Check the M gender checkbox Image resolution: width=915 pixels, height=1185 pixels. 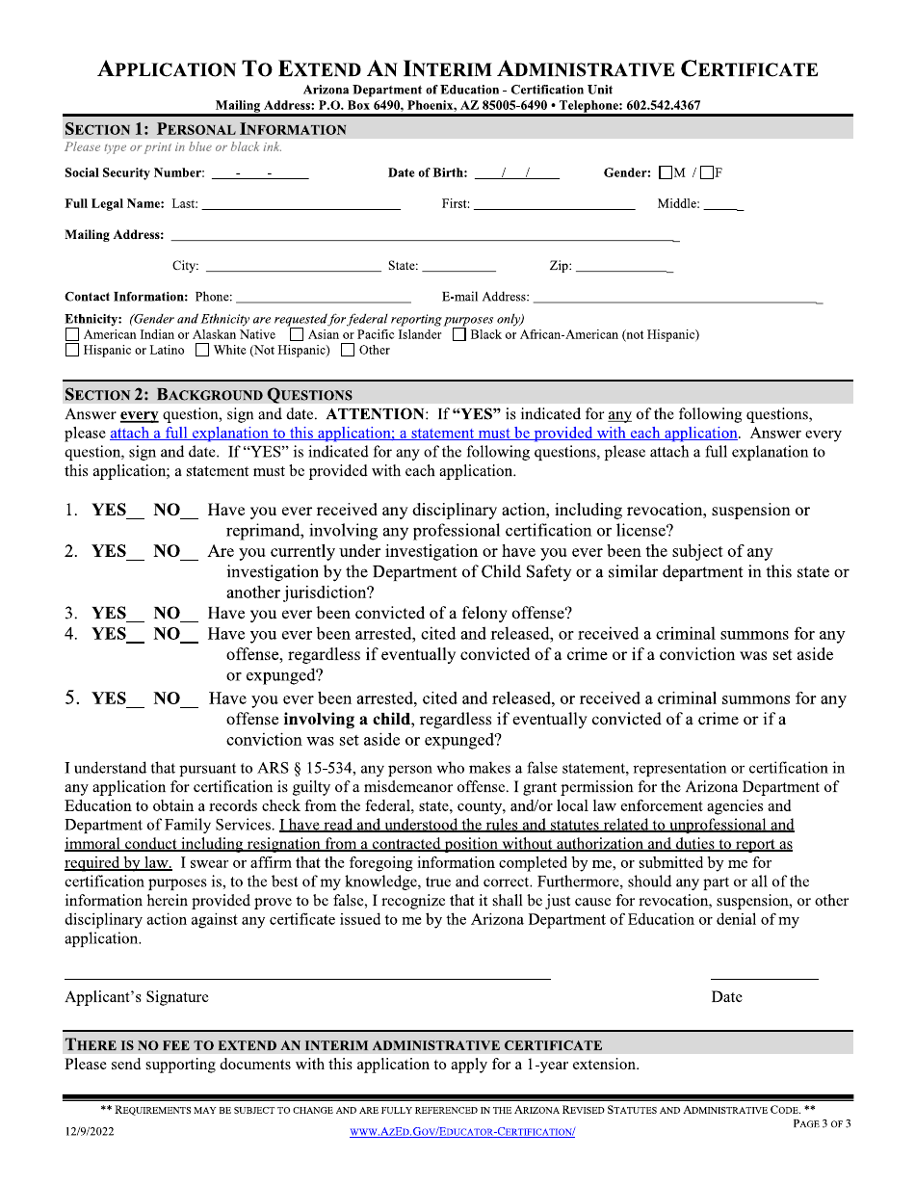[x=666, y=173]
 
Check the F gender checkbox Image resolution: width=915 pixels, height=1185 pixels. [x=707, y=173]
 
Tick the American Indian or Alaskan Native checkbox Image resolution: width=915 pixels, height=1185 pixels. [x=72, y=335]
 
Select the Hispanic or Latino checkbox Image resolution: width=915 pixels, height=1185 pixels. [x=72, y=351]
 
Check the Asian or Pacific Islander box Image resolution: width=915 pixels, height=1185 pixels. [x=297, y=335]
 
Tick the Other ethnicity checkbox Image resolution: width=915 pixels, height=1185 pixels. [x=348, y=351]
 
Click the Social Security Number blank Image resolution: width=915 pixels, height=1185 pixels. [x=259, y=174]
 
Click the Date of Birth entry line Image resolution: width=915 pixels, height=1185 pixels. [x=516, y=174]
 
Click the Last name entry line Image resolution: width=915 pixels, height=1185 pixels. [x=301, y=204]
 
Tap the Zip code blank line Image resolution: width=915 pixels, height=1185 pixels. [x=623, y=267]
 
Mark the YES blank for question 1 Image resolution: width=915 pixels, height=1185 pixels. [x=136, y=512]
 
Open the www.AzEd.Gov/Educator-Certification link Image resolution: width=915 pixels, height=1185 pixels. [x=462, y=1132]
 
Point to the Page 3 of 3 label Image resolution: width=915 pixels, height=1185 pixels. [x=822, y=1123]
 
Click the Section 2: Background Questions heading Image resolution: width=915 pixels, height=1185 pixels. [x=208, y=394]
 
